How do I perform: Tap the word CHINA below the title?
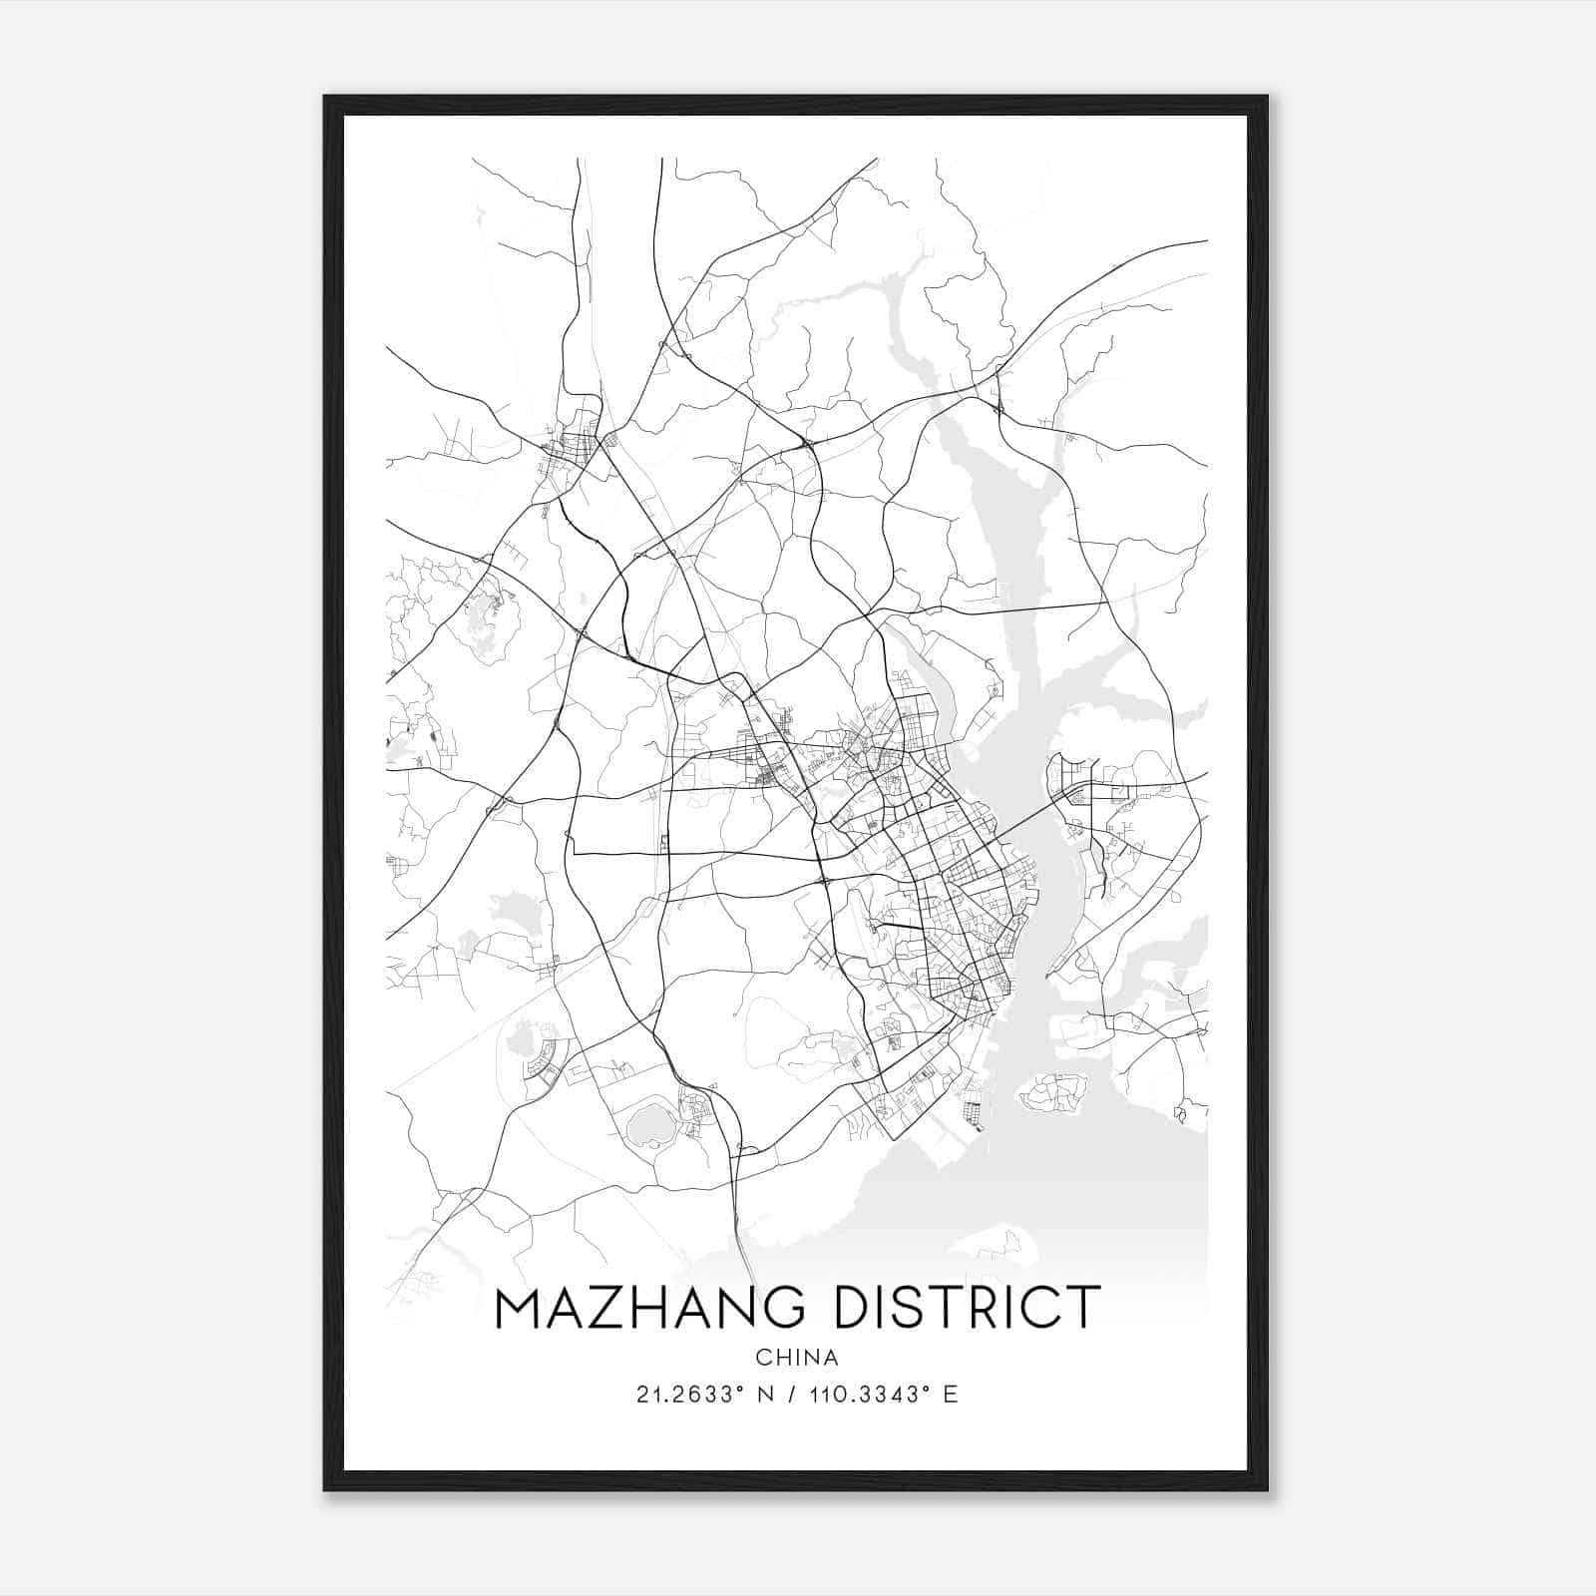[797, 1358]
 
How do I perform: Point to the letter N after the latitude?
[766, 1395]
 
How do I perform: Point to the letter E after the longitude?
[950, 1395]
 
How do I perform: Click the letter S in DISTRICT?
[921, 1308]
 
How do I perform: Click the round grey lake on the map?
[648, 1124]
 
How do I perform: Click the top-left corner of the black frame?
[326, 98]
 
